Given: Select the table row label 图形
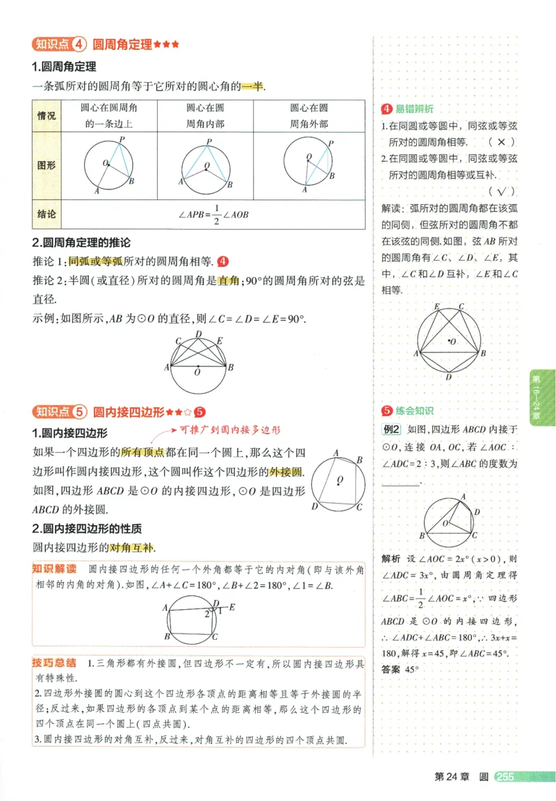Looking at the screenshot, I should (x=47, y=165).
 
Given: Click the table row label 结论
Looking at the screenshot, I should (x=46, y=214).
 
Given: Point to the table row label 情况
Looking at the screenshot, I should (x=47, y=115).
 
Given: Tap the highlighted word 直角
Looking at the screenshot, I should (x=229, y=281).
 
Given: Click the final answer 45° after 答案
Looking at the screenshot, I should (x=412, y=670).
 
